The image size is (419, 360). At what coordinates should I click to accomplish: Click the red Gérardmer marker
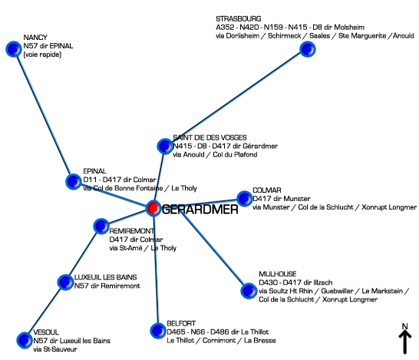(x=153, y=208)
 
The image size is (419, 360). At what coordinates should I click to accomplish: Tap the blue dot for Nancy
(x=14, y=49)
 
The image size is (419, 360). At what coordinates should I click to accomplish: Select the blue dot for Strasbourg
(x=308, y=49)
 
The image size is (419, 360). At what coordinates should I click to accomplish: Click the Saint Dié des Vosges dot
(x=165, y=146)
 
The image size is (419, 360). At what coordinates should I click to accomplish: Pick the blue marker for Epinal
(x=74, y=181)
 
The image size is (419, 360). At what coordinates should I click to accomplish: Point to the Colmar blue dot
(x=244, y=199)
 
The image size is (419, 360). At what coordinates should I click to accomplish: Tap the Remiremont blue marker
(x=101, y=226)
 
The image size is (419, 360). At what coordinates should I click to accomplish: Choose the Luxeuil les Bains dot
(x=65, y=282)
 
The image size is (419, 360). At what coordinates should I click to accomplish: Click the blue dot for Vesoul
(x=25, y=340)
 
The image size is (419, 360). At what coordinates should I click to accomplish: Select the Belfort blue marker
(x=158, y=331)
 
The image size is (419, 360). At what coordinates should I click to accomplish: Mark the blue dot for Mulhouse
(x=249, y=291)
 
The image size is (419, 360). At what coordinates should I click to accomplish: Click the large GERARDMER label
(x=200, y=210)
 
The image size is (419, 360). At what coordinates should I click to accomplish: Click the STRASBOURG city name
(x=239, y=19)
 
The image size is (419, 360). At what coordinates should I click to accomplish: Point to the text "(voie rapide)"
(x=42, y=54)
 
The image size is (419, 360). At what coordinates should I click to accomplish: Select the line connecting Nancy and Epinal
(x=44, y=115)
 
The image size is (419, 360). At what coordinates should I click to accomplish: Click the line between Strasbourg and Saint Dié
(x=236, y=97)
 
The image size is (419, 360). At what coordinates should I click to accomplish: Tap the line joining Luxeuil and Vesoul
(x=45, y=311)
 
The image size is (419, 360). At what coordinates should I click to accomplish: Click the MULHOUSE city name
(x=278, y=274)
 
